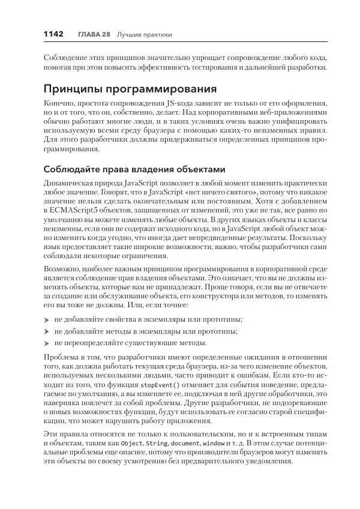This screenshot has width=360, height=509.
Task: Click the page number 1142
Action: pyautogui.click(x=53, y=34)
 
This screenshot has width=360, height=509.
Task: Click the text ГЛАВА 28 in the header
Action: pyautogui.click(x=94, y=35)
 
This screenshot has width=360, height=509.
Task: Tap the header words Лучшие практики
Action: pyautogui.click(x=144, y=35)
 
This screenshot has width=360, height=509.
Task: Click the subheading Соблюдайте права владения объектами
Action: pyautogui.click(x=135, y=169)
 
